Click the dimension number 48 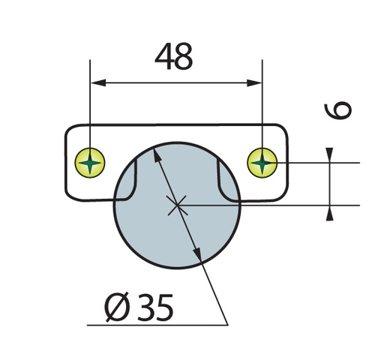click(174, 56)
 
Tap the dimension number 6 click(338, 110)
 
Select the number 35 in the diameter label click(155, 307)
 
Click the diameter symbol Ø click(117, 307)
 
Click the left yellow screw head click(90, 163)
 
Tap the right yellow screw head click(262, 163)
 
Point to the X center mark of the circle click(177, 205)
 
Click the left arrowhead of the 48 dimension click(98, 82)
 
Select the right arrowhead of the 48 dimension click(254, 82)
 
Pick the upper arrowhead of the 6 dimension click(329, 155)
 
